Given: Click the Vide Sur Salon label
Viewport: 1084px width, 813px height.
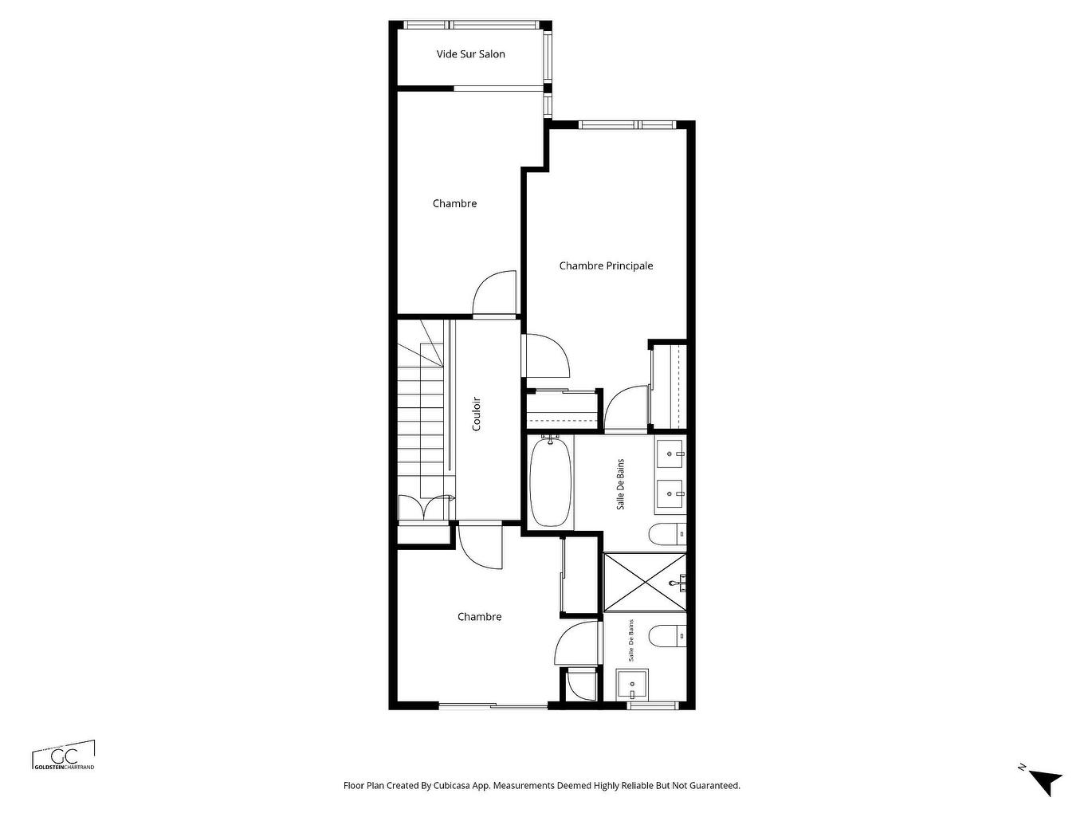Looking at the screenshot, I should [x=470, y=54].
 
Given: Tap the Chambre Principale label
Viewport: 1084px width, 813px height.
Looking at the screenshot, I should [x=606, y=266].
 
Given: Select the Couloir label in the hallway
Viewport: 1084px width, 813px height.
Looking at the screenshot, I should [x=477, y=414].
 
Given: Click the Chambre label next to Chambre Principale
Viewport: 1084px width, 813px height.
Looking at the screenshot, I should [x=454, y=204].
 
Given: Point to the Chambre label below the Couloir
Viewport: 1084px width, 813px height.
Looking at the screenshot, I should [x=479, y=617].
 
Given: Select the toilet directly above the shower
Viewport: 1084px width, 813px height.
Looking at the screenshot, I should [x=666, y=533].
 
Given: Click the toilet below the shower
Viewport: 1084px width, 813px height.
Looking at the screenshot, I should [x=666, y=636].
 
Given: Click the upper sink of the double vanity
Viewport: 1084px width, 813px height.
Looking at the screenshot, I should [x=670, y=454].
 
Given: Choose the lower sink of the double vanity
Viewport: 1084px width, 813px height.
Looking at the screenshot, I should [x=670, y=493].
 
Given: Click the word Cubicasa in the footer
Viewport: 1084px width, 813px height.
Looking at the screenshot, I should [x=451, y=786].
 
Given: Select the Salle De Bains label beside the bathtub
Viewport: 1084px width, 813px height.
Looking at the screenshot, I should [x=621, y=484].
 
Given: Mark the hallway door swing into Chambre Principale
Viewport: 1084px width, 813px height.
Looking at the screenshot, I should [x=546, y=355].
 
